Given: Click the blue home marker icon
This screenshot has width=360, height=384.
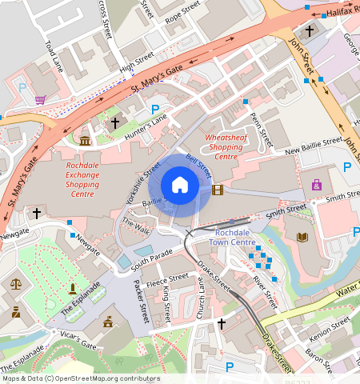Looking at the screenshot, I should click(x=180, y=186).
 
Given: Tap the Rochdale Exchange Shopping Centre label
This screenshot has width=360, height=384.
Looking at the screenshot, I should click(x=82, y=180).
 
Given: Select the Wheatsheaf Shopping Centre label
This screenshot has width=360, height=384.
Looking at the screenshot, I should click(x=226, y=146).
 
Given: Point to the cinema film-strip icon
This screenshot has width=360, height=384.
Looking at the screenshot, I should click(x=218, y=189).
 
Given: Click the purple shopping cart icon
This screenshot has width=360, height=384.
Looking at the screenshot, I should click(x=40, y=100).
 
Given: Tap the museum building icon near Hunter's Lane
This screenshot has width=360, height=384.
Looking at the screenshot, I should click(x=86, y=142).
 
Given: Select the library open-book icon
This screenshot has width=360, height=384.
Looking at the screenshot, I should click(x=302, y=237).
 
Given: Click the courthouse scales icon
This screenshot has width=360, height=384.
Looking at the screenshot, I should click(x=16, y=283).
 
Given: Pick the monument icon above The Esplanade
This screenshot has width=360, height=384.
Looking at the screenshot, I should click(x=73, y=288).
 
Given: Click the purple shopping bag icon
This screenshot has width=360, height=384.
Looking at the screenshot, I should click(x=317, y=185).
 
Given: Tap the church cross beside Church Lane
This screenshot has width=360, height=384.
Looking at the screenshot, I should click(x=222, y=324).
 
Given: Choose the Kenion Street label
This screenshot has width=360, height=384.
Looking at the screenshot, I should click(x=332, y=324).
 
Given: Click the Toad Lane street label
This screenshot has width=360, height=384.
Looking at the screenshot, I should click(x=54, y=56).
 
